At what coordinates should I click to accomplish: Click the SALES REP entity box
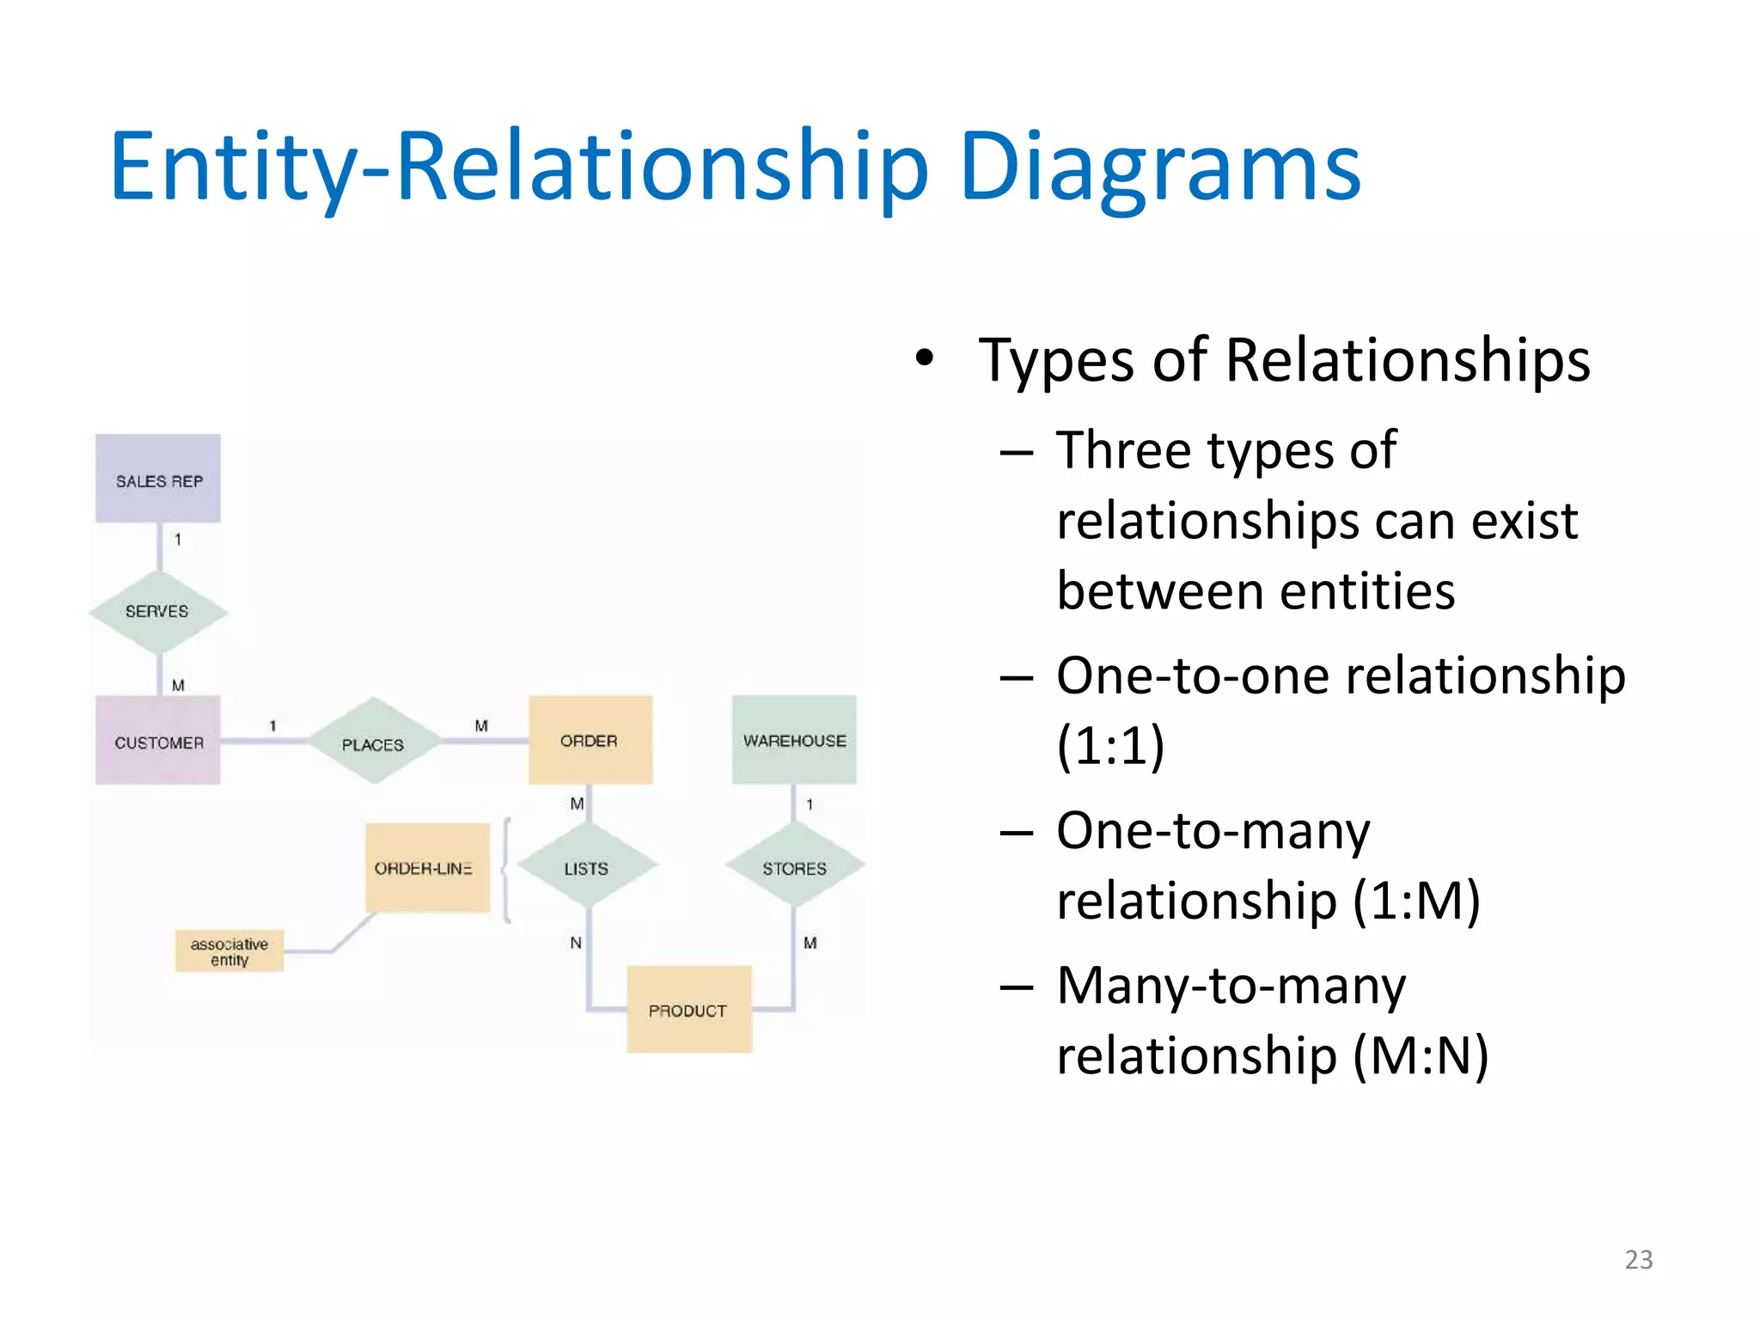coord(158,479)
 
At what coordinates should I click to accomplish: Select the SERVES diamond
coord(158,612)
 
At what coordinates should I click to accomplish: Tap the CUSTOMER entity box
coord(158,741)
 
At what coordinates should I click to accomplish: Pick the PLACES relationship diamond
coord(373,742)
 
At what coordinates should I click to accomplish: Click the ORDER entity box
coord(590,740)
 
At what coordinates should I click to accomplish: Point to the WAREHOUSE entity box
coord(794,740)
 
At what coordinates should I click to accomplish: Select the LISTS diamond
coord(588,867)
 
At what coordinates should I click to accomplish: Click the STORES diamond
coord(794,867)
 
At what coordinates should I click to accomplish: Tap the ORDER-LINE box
coord(427,868)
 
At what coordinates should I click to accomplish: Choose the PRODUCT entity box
coord(688,1010)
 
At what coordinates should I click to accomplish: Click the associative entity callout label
coord(229,951)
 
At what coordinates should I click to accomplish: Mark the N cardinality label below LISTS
coord(576,943)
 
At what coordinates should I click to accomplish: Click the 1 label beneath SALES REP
coord(178,540)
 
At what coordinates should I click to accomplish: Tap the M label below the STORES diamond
coord(810,943)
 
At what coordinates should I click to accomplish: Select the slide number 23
coord(1638,1259)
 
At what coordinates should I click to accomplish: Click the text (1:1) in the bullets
coord(1110,745)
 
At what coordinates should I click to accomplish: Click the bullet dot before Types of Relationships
coord(924,358)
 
